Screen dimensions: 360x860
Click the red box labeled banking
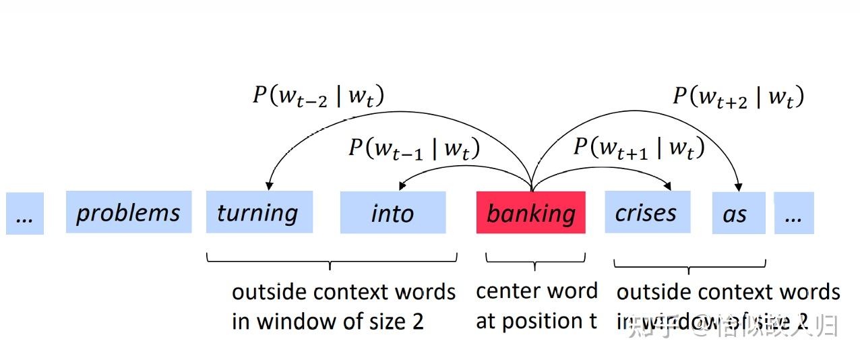[530, 212]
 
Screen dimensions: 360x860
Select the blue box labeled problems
[128, 212]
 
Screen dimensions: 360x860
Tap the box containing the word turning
[259, 212]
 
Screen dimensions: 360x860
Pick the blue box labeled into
[392, 213]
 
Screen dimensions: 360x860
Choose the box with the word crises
[646, 212]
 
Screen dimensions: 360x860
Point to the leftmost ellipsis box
[25, 214]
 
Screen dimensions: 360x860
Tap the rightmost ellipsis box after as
[793, 213]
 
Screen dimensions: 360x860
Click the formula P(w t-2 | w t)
[318, 96]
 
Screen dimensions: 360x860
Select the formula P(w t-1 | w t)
[414, 148]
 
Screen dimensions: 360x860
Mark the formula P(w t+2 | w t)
[738, 96]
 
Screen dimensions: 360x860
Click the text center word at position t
[536, 306]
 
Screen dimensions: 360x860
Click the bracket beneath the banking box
[535, 260]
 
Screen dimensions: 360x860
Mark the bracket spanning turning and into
[331, 260]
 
